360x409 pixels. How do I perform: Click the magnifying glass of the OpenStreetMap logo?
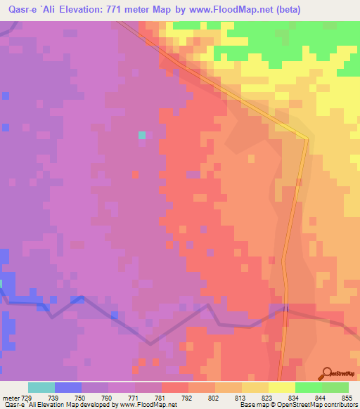[x=327, y=372]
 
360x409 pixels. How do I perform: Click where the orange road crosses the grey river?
[x=285, y=308]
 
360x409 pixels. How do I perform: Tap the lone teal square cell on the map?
[x=142, y=135]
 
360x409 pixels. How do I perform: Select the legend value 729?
[x=28, y=396]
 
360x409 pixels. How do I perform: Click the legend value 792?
[x=188, y=396]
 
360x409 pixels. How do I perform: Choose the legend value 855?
[x=347, y=396]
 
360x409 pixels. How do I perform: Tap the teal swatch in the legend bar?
[x=41, y=387]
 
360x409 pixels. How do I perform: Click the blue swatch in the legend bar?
[x=68, y=387]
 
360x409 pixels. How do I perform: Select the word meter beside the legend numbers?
[x=11, y=396]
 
